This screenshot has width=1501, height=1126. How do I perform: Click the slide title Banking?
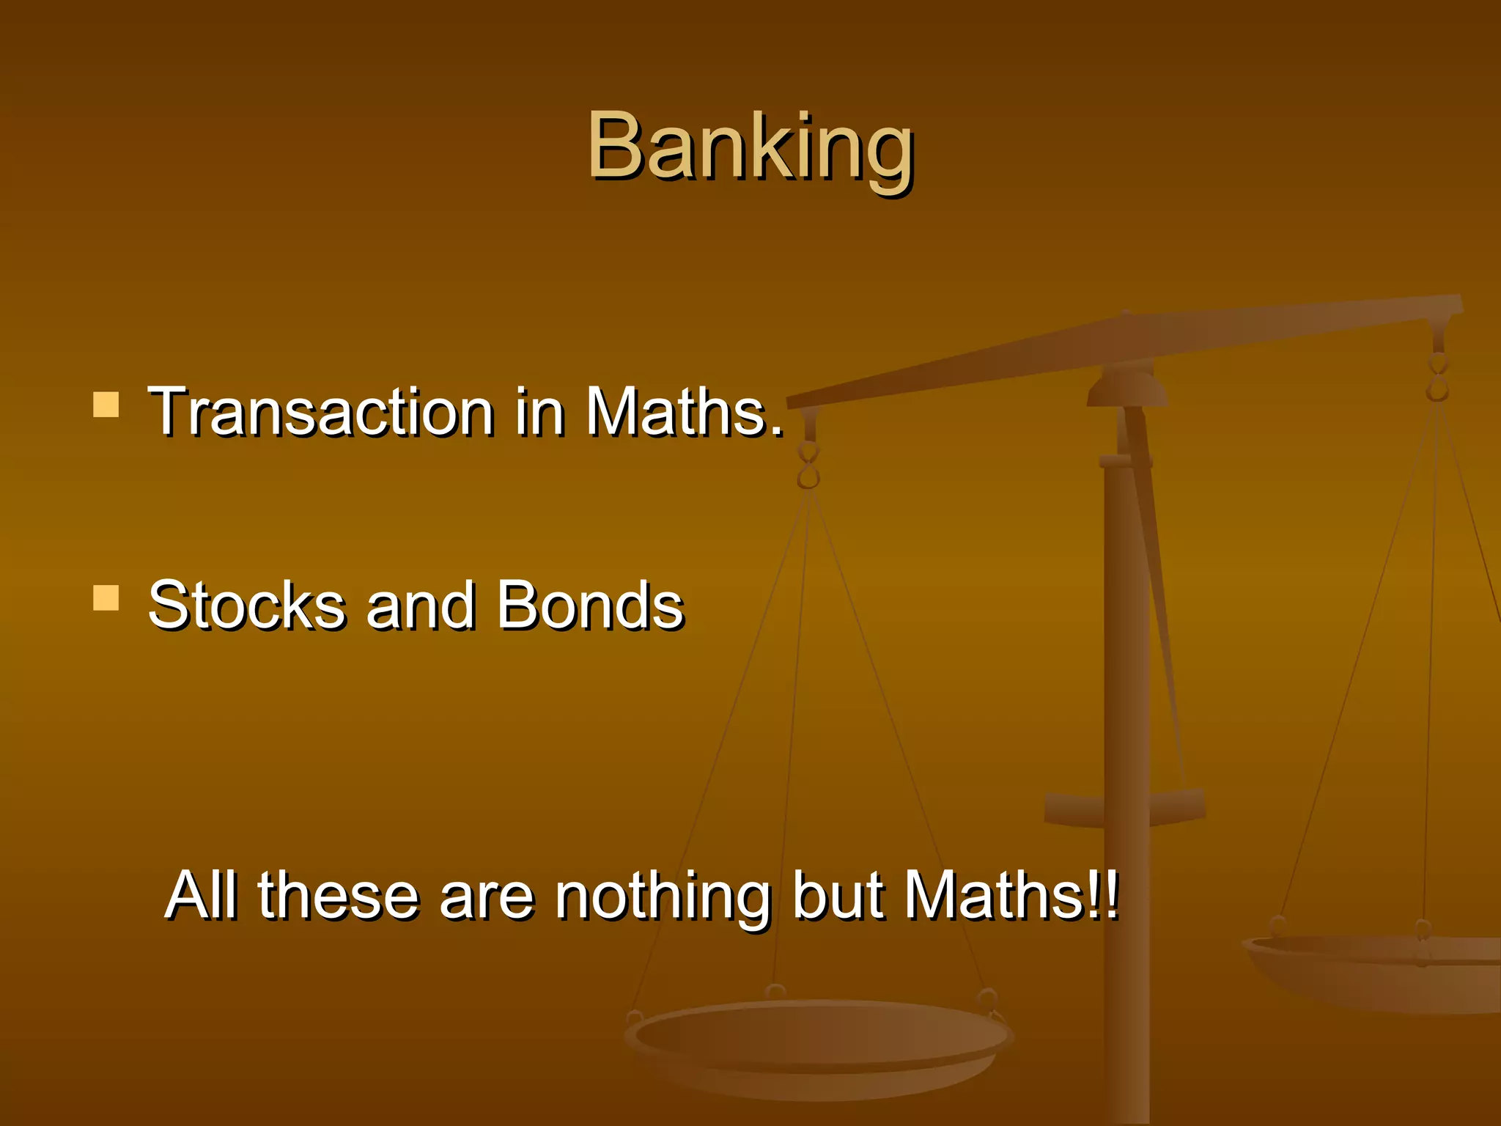coord(750,147)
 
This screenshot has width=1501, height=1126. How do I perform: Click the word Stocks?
coord(246,606)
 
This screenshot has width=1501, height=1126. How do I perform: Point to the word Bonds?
coord(590,606)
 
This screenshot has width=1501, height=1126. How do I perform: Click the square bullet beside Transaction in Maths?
coord(106,405)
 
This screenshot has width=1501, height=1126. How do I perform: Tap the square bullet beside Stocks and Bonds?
coord(106,597)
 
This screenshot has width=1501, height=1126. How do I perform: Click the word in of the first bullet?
coord(539,412)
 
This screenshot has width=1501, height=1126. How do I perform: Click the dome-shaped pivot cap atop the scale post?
coord(1126,389)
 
